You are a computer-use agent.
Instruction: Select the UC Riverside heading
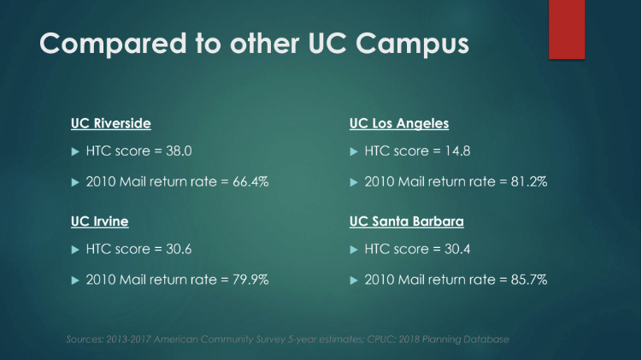[x=110, y=124]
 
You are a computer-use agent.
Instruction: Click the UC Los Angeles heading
[x=399, y=124]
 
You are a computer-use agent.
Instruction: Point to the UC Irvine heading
[x=99, y=221]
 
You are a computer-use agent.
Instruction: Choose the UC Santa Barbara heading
[x=406, y=221]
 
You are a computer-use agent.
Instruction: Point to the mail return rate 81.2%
[x=527, y=181]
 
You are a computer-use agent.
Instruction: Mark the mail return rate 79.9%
[x=249, y=280]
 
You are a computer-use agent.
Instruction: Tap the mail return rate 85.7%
[x=527, y=280]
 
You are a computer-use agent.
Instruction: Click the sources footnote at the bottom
[x=287, y=339]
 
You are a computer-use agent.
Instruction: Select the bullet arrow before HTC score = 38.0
[x=74, y=152]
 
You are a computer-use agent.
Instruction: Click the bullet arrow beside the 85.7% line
[x=354, y=280]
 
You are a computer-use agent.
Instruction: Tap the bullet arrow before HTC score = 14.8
[x=354, y=152]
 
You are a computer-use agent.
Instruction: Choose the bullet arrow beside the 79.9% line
[x=74, y=280]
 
